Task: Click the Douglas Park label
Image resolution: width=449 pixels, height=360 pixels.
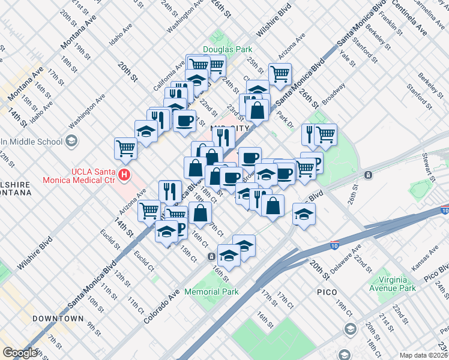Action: tap(227, 49)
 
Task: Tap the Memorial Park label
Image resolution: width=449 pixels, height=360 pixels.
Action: tap(211, 292)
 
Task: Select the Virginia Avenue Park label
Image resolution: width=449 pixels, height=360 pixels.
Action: tap(394, 284)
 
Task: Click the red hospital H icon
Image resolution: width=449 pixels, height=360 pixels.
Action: tap(124, 175)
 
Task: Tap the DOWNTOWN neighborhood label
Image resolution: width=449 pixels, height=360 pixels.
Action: tap(58, 318)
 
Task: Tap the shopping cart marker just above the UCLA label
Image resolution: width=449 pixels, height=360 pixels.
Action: tap(125, 147)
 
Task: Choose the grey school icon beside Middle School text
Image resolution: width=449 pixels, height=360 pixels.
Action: tap(71, 142)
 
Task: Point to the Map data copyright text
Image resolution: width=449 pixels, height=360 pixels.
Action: tap(423, 355)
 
